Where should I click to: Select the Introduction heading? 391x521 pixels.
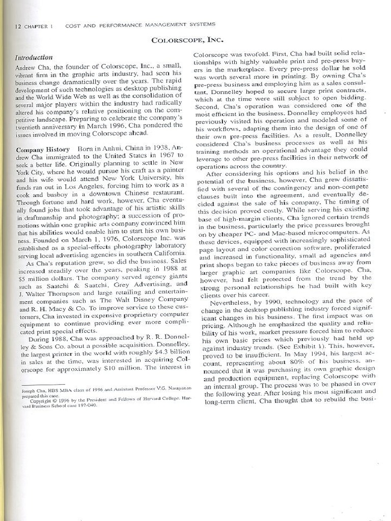(x=34, y=57)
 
